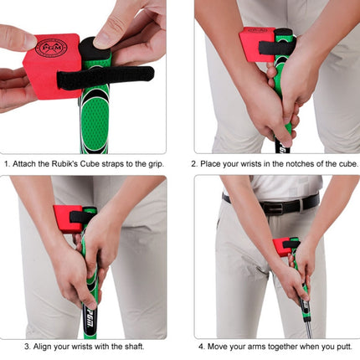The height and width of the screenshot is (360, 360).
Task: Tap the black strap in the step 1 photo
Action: click(x=105, y=78)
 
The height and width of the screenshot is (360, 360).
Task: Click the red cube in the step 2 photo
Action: click(x=256, y=44)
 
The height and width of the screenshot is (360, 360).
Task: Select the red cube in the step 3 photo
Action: click(x=68, y=219)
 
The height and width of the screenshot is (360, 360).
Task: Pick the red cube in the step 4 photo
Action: click(x=282, y=247)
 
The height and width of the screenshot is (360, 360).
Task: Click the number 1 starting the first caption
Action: click(x=7, y=164)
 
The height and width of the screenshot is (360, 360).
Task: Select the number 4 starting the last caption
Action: click(x=202, y=347)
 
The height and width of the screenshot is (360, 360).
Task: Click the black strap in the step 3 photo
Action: click(x=81, y=217)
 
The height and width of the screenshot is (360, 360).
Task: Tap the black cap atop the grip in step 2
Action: click(x=284, y=33)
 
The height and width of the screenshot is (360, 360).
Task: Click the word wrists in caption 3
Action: click(x=82, y=347)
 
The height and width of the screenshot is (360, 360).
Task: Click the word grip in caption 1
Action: click(x=156, y=164)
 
